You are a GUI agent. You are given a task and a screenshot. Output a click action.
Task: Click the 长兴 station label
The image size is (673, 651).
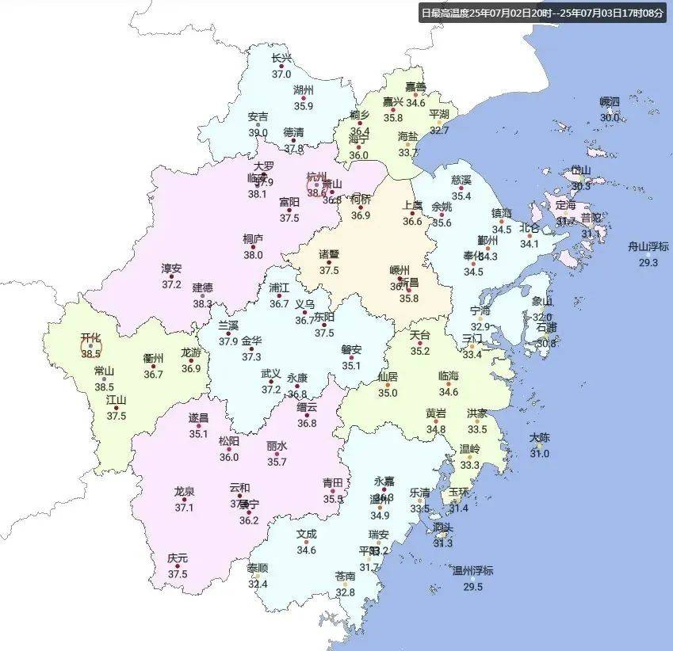pyautogui.click(x=281, y=58)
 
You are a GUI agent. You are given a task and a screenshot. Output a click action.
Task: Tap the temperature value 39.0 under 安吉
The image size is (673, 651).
pyautogui.click(x=258, y=133)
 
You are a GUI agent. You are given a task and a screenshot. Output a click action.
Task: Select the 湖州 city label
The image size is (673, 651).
pyautogui.click(x=304, y=89)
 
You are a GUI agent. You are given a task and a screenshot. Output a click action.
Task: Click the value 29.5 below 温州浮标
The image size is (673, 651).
pyautogui.click(x=472, y=587)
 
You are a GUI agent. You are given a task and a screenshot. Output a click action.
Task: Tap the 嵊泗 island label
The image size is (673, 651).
pyautogui.click(x=610, y=101)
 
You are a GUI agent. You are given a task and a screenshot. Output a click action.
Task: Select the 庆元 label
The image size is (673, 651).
pyautogui.click(x=178, y=558)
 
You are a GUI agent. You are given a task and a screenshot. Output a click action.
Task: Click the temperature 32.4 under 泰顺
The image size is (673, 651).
pyautogui.click(x=258, y=584)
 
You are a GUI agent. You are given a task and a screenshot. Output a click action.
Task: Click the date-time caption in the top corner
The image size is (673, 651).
pyautogui.click(x=542, y=13)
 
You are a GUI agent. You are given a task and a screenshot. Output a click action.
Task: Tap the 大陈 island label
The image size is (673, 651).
pyautogui.click(x=539, y=437)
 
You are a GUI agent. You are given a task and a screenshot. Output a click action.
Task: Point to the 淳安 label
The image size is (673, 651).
pyautogui.click(x=171, y=268)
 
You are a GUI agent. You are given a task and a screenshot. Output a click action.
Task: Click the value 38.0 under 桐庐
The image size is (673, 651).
pyautogui.click(x=253, y=255)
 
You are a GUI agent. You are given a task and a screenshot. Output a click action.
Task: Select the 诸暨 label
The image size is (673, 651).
pyautogui.click(x=329, y=254)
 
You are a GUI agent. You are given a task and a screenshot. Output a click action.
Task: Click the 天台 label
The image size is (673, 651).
pyautogui.click(x=419, y=335)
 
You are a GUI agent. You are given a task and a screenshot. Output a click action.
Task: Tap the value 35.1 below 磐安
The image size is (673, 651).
pyautogui.click(x=351, y=366)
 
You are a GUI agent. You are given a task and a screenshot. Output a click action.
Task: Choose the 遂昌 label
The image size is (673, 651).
pyautogui.click(x=198, y=417)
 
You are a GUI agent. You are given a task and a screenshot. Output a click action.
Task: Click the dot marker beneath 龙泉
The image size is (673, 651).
pyautogui.click(x=185, y=500)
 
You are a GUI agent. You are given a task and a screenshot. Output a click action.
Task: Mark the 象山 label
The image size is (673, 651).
pyautogui.click(x=542, y=301)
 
